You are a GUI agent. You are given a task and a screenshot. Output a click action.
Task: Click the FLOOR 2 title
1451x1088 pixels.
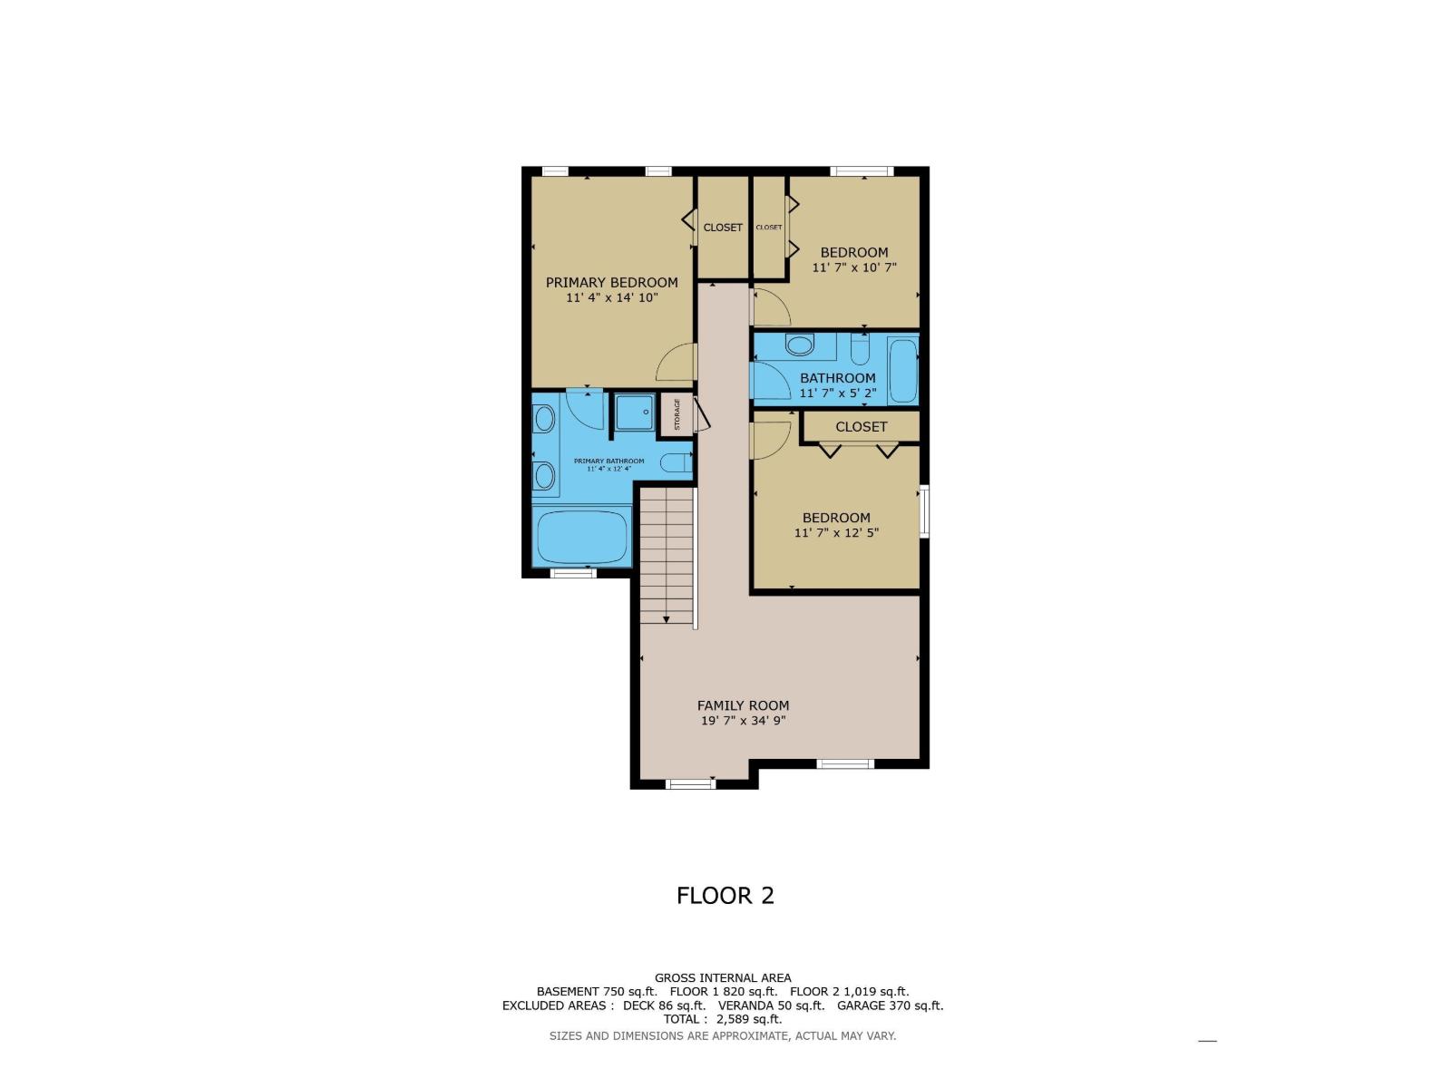click(725, 896)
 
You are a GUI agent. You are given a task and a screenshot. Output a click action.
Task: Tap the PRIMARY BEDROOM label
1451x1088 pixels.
click(611, 283)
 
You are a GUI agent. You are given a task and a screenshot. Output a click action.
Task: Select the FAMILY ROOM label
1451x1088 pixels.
click(743, 705)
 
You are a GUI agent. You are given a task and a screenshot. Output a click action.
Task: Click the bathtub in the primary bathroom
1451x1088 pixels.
click(581, 537)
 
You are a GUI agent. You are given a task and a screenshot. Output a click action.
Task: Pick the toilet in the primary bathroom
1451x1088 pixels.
click(676, 462)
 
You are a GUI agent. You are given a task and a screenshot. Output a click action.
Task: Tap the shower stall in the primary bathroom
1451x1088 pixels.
click(635, 413)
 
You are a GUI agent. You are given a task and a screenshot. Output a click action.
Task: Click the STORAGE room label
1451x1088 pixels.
click(677, 414)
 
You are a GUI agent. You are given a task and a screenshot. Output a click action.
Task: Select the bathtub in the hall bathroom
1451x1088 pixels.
click(902, 370)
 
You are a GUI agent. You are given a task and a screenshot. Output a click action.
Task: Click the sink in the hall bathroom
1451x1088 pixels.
click(799, 345)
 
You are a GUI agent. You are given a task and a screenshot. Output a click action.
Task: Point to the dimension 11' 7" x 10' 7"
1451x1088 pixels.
click(854, 267)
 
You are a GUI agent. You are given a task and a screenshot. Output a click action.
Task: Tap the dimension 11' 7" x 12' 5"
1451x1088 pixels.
click(836, 532)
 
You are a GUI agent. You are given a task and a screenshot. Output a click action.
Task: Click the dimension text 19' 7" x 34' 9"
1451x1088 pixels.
click(743, 721)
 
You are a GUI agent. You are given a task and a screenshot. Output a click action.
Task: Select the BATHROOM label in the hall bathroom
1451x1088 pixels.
click(838, 378)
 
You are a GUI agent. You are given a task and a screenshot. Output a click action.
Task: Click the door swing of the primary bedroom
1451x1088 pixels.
click(676, 363)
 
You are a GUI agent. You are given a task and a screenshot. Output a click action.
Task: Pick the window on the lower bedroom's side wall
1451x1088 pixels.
click(924, 511)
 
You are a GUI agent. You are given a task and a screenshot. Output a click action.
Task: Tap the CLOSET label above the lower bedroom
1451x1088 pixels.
click(861, 427)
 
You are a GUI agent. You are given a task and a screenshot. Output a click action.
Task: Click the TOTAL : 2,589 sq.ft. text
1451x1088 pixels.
click(723, 1019)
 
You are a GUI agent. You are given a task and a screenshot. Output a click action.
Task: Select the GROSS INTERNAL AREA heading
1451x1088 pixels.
click(723, 978)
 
